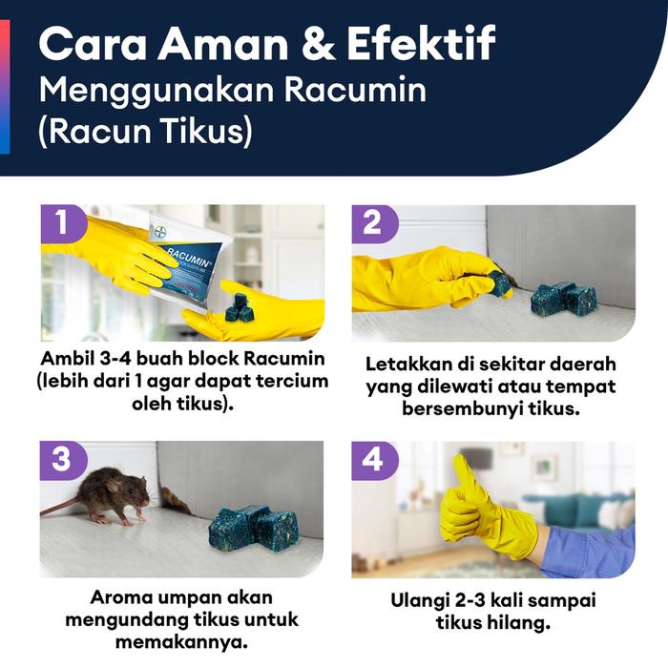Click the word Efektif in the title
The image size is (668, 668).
point(421,44)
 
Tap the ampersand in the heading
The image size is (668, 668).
point(318,44)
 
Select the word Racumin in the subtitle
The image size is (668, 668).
point(355,90)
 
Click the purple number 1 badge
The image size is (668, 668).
point(62,222)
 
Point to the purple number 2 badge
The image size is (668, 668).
point(373,222)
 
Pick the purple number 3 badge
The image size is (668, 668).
point(62,459)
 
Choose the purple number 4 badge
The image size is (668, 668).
point(373,459)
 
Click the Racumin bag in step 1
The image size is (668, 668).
point(192,265)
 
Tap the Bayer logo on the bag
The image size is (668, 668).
point(160,233)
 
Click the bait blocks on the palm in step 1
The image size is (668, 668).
point(238,307)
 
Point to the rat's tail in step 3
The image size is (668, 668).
point(60,507)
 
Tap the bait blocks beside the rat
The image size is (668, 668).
point(253,529)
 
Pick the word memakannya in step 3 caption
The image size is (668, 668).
point(181,641)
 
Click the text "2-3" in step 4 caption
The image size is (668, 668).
point(470,600)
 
